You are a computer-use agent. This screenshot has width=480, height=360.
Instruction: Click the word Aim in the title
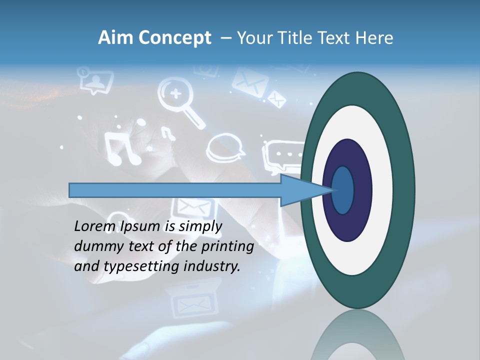(x=114, y=38)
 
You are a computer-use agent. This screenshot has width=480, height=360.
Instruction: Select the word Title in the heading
(x=295, y=38)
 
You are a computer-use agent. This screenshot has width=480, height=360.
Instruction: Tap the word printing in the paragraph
(x=229, y=246)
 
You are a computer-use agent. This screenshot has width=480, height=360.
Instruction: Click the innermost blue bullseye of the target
(x=343, y=190)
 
